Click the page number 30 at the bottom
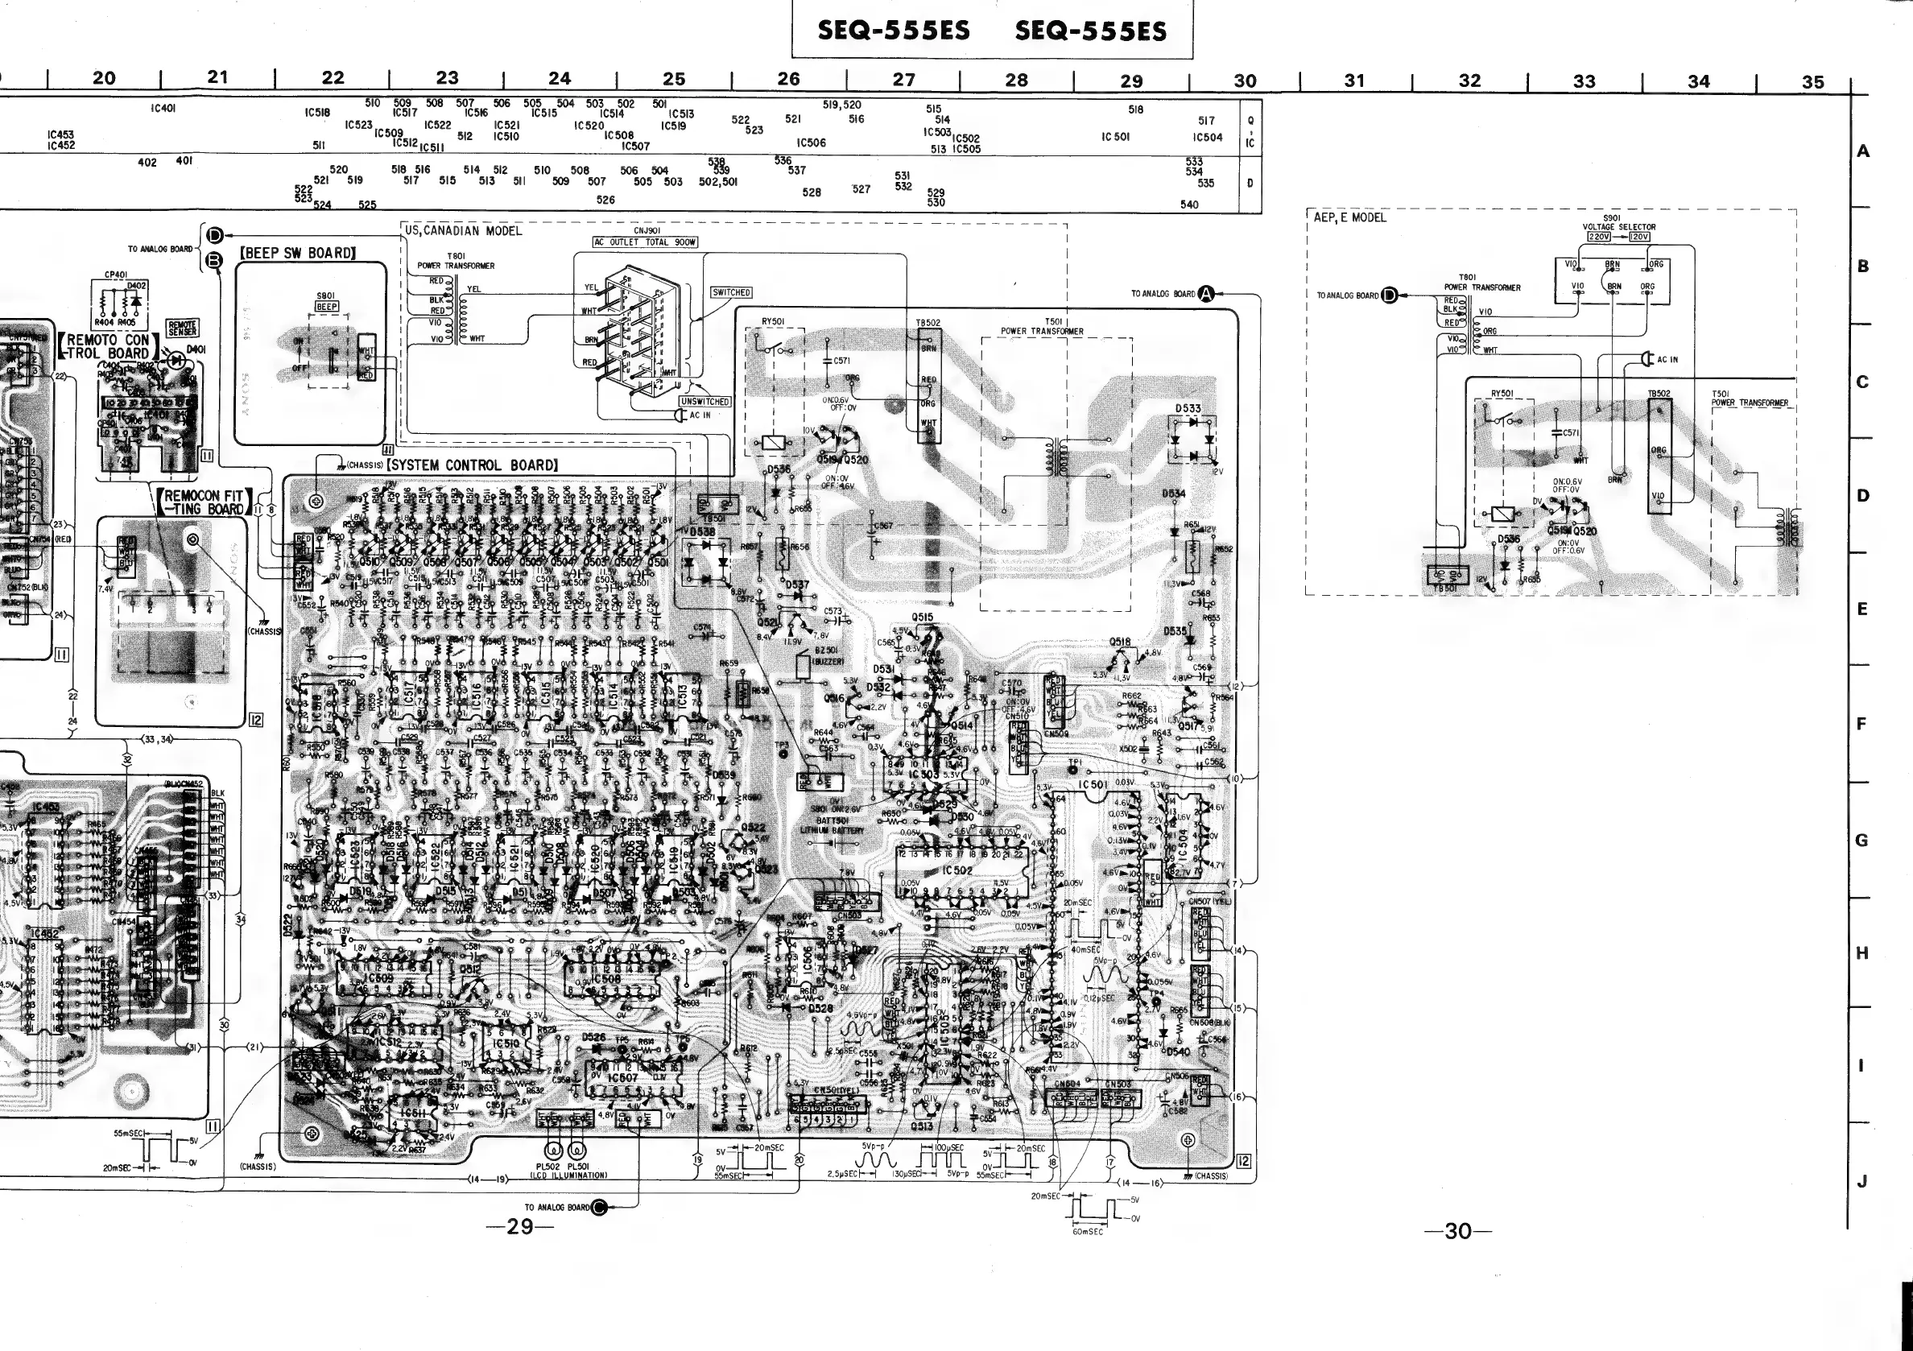tap(1458, 1230)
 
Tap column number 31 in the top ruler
tap(1355, 81)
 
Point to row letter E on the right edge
tap(1862, 609)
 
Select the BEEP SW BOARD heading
tap(298, 253)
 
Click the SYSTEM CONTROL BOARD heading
tap(472, 465)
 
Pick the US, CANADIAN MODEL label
tap(463, 231)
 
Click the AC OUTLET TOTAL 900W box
tap(645, 242)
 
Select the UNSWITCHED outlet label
tap(704, 402)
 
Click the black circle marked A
tap(1206, 293)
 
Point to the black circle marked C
tap(598, 1207)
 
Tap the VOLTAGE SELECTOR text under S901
tap(1619, 226)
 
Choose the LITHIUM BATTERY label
tap(833, 830)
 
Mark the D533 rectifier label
tap(1188, 409)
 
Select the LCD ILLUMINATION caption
tap(568, 1175)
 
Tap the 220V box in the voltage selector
tap(1599, 237)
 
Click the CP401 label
tap(116, 274)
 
